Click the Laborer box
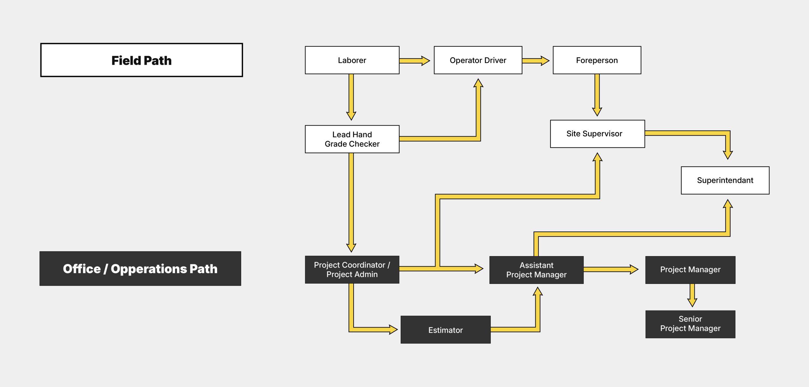pos(352,60)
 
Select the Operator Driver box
pos(478,60)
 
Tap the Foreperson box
pos(597,60)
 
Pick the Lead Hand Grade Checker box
pos(352,139)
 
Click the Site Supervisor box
pos(597,134)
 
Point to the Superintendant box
pos(725,180)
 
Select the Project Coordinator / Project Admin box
pos(352,270)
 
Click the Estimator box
pos(446,330)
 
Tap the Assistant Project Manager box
pos(536,270)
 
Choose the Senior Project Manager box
pos(690,324)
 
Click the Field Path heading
pos(142,60)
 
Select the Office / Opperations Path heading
pos(140,269)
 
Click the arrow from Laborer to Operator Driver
pos(415,61)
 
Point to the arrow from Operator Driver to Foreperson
pos(536,61)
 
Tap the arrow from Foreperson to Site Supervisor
pos(597,95)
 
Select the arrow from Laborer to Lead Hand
pos(351,97)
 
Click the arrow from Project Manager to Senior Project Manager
pos(692,295)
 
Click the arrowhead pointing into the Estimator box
pos(393,329)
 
